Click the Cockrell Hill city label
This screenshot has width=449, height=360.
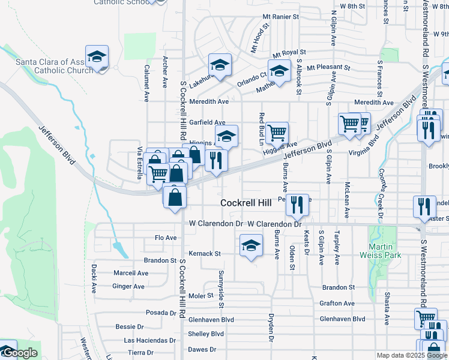246,203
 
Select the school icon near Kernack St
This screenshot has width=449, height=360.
251,245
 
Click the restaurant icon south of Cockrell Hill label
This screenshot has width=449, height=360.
296,206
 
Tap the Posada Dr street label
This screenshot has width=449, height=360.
161,313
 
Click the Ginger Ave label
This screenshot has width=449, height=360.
128,286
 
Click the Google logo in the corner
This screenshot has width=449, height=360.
20,353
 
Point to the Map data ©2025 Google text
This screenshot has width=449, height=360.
411,355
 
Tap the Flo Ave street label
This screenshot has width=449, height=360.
166,238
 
